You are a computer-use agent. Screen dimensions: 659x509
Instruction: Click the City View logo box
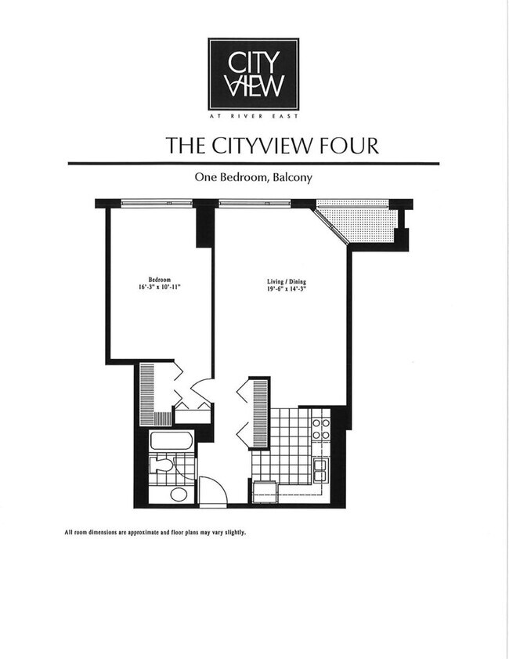pyautogui.click(x=253, y=74)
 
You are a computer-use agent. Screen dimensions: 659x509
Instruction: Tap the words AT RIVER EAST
pyautogui.click(x=253, y=116)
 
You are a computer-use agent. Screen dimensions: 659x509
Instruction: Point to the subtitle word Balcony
pyautogui.click(x=292, y=178)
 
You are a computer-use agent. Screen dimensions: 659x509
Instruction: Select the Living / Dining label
pyautogui.click(x=283, y=280)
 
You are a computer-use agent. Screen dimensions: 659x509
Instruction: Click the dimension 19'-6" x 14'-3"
pyautogui.click(x=283, y=288)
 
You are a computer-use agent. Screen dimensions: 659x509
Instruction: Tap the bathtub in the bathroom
pyautogui.click(x=171, y=440)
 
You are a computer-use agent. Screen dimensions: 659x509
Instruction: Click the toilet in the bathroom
pyautogui.click(x=162, y=465)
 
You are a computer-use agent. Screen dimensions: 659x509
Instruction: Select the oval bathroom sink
pyautogui.click(x=179, y=494)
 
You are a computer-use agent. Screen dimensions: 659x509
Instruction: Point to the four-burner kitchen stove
pyautogui.click(x=321, y=429)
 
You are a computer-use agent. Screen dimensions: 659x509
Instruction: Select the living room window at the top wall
pyautogui.click(x=254, y=204)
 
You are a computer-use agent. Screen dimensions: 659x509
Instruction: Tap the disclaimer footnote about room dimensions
pyautogui.click(x=155, y=532)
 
